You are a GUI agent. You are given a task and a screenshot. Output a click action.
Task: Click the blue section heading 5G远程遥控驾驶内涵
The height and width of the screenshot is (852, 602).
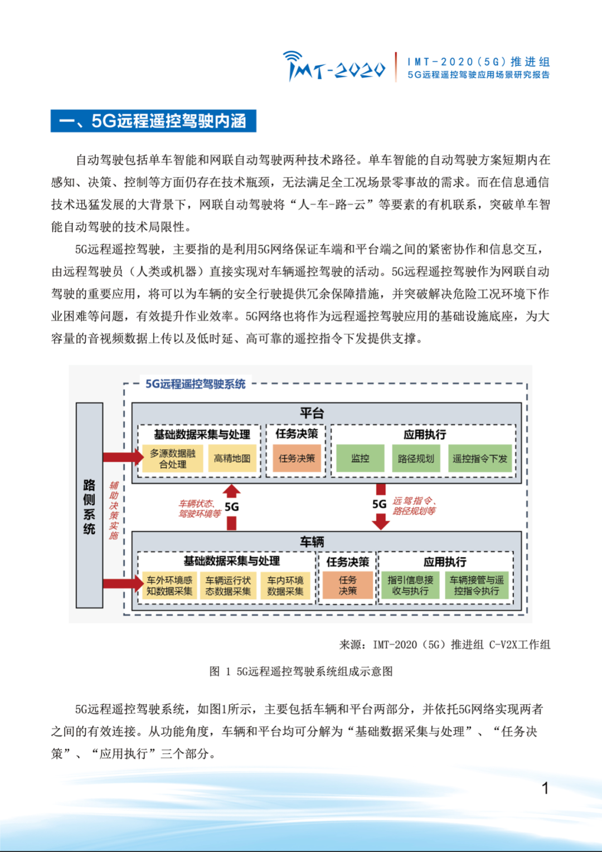[x=153, y=121]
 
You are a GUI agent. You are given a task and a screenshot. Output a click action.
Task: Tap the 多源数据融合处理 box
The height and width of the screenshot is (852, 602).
[x=172, y=458]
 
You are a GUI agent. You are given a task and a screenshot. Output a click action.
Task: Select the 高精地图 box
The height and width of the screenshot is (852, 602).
[x=232, y=458]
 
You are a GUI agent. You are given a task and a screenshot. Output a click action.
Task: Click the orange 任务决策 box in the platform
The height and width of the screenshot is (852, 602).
[x=297, y=458]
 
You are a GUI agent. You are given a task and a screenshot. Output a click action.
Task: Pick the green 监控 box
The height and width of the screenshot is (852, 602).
[x=360, y=458]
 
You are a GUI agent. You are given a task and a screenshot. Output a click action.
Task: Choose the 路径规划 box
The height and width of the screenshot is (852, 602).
[x=416, y=458]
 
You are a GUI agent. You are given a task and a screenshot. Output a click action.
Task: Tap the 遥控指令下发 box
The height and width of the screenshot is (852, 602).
[x=480, y=458]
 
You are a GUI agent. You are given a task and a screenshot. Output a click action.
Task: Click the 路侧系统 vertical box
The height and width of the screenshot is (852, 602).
[x=89, y=505]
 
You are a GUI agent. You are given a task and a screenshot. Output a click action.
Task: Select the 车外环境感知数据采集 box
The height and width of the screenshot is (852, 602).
[x=169, y=585]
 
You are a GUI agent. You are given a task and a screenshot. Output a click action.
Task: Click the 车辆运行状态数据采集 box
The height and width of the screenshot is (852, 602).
[x=228, y=585]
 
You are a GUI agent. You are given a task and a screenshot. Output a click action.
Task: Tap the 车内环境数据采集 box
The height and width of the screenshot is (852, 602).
[x=285, y=585]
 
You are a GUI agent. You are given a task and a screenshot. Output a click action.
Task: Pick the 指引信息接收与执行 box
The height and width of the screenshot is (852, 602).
[x=410, y=585]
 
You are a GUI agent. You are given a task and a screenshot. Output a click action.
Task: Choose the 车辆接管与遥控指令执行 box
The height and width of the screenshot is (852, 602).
[x=477, y=585]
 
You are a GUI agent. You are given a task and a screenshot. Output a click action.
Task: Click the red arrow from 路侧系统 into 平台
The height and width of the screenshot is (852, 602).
[x=123, y=457]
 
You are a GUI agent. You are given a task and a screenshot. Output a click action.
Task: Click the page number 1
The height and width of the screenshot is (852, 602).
[x=545, y=788]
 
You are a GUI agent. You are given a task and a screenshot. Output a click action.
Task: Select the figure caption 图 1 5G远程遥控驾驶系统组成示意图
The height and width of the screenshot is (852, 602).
[x=301, y=671]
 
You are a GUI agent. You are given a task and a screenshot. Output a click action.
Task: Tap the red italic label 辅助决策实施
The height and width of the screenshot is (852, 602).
[x=114, y=510]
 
